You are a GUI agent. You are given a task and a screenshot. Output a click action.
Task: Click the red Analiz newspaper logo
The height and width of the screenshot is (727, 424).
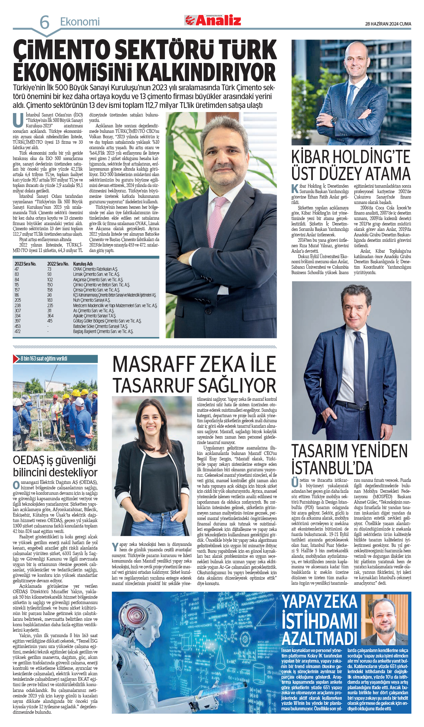(x=213, y=20)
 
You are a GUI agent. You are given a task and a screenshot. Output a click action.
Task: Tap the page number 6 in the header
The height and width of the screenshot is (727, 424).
(x=45, y=23)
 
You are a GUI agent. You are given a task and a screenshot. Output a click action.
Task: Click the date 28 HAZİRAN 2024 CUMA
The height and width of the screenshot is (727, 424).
(x=388, y=24)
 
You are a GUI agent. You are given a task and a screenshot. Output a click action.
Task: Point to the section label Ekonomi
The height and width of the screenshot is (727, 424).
(x=80, y=22)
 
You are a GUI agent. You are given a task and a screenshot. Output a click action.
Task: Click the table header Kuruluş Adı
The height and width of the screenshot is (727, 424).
(x=83, y=264)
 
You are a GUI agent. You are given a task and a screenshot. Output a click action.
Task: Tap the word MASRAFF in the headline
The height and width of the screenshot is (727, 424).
(x=155, y=364)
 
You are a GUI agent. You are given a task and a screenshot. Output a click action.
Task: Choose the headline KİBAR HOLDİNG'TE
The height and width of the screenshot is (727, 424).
(x=351, y=157)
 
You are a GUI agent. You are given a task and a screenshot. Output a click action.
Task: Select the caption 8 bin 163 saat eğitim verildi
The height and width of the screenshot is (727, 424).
(x=44, y=359)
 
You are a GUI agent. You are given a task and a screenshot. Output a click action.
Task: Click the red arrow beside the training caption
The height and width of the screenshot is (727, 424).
(x=16, y=359)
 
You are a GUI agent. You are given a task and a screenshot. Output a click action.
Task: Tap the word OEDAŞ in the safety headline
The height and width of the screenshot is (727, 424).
(x=29, y=460)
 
